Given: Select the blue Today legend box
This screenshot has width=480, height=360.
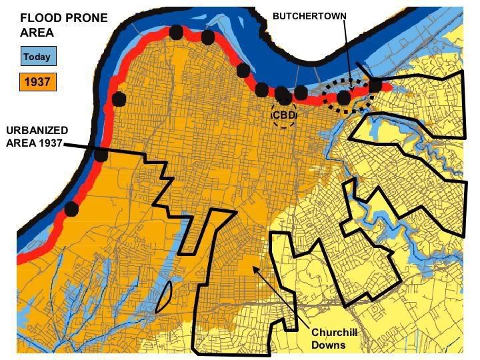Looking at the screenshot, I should (x=37, y=57).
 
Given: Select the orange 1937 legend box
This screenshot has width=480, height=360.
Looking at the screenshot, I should (x=37, y=83).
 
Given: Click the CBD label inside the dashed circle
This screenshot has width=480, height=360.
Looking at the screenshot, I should (x=285, y=115).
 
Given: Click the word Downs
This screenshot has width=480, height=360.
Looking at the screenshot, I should (x=328, y=345).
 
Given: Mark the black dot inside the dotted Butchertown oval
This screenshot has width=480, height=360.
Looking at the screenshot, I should (x=343, y=98).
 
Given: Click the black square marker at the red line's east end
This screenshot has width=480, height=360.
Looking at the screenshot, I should (x=375, y=85).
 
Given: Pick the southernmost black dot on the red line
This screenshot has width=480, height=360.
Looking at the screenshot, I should (x=71, y=209).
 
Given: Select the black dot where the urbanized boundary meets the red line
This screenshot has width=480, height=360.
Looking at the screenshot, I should (x=101, y=155).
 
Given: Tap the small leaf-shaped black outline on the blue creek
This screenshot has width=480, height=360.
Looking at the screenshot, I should (x=163, y=297).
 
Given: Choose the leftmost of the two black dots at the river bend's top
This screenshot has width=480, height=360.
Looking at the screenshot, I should (x=176, y=31).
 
